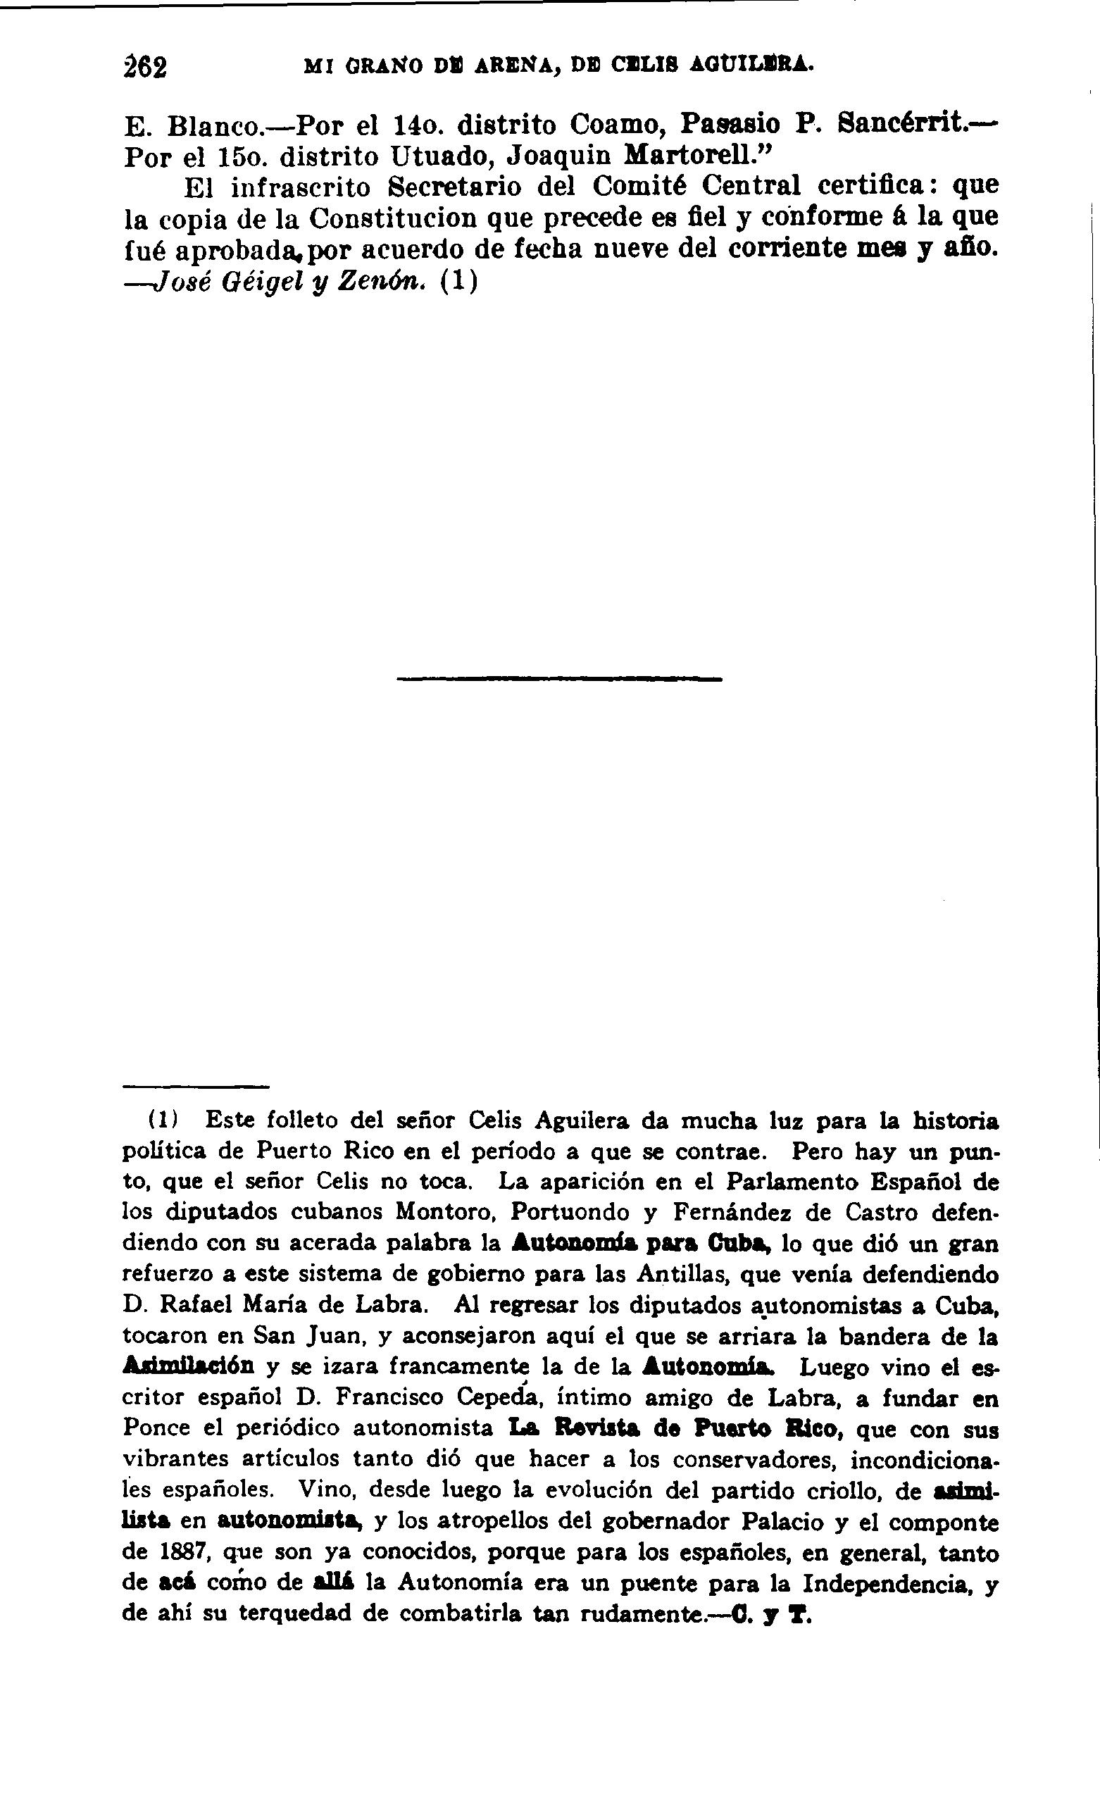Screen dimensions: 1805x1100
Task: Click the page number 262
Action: tap(145, 67)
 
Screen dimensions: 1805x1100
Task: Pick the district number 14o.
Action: tap(417, 125)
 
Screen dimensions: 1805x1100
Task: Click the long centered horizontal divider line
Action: tap(558, 680)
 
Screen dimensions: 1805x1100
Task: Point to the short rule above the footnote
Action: tap(196, 1087)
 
